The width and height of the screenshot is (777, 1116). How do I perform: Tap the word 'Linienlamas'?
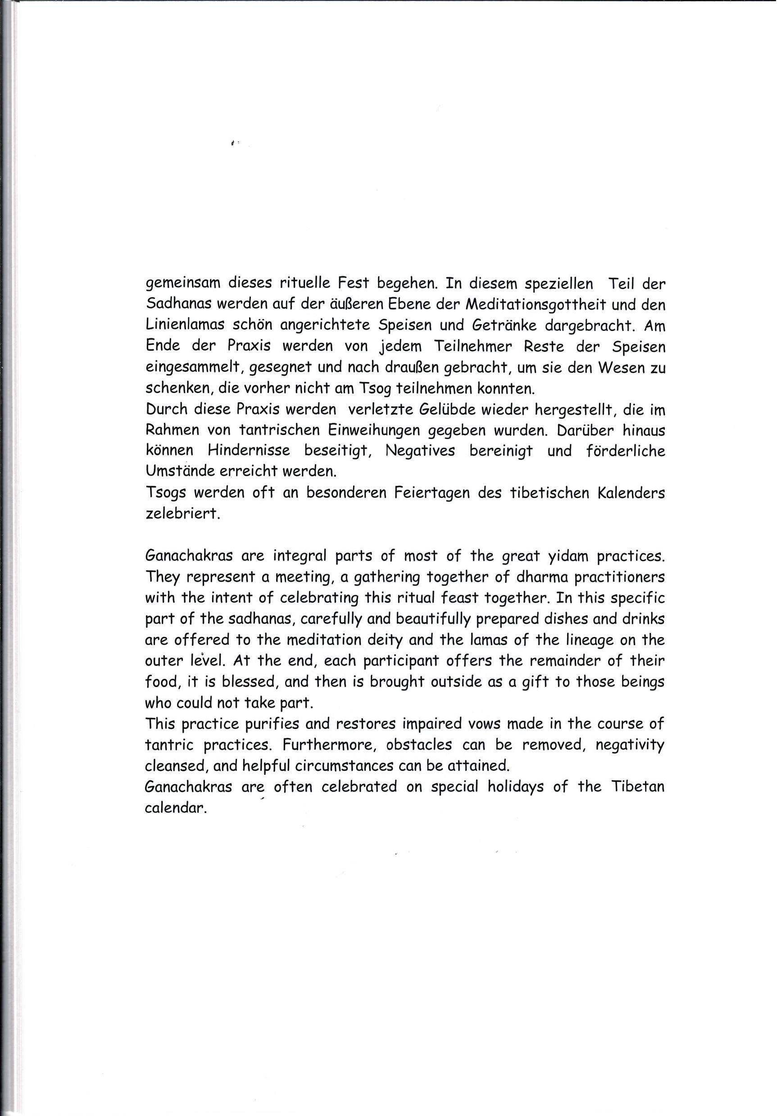coord(185,325)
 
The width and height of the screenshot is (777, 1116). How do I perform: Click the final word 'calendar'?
coord(173,807)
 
